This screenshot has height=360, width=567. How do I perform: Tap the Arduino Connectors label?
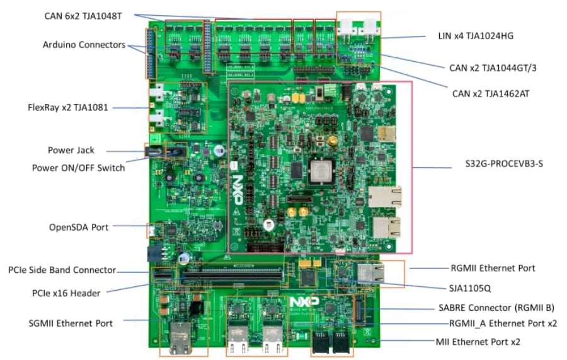(x=84, y=45)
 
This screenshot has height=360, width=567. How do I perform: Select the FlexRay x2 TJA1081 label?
(x=68, y=107)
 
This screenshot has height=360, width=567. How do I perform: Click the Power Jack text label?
(x=71, y=150)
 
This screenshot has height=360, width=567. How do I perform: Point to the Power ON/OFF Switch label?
(x=78, y=167)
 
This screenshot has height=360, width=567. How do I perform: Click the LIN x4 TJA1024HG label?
(x=475, y=35)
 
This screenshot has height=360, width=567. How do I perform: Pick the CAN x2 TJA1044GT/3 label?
(x=489, y=67)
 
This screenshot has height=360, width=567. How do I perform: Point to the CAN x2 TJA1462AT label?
(x=491, y=93)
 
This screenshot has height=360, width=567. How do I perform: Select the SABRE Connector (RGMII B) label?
(x=496, y=308)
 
